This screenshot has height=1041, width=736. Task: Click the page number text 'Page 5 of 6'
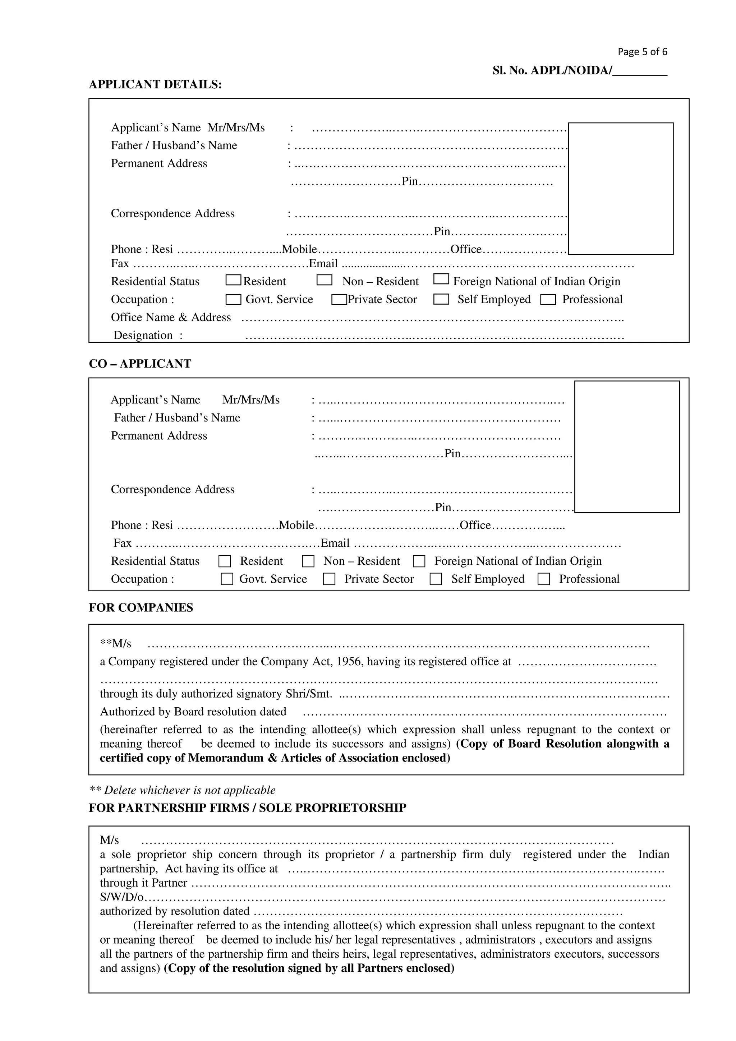(x=642, y=52)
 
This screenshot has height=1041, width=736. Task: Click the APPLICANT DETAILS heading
(x=155, y=85)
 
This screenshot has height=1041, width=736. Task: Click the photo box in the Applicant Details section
(x=620, y=188)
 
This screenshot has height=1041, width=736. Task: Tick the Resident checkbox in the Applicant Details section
(x=233, y=280)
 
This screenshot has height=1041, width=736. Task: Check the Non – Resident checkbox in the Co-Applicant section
(x=308, y=561)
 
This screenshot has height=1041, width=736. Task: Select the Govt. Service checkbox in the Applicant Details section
(x=233, y=299)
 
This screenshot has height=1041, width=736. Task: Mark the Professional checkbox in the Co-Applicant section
(x=543, y=579)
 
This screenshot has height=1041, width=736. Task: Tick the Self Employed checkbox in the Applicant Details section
(x=441, y=299)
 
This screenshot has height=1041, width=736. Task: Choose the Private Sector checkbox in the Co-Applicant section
(x=329, y=579)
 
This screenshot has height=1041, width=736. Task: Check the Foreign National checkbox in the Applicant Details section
(x=441, y=279)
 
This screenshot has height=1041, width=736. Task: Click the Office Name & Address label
(x=170, y=318)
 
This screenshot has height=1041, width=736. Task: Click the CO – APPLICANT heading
(x=140, y=364)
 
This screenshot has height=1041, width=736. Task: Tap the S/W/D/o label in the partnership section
(x=121, y=897)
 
